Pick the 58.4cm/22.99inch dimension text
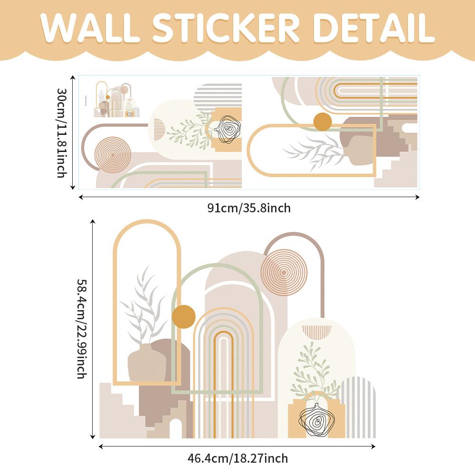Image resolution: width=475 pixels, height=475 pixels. pos(81,328)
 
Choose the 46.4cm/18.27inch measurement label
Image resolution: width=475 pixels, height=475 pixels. pos(237,459)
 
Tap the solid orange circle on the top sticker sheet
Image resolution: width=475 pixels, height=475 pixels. pos(323,122)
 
